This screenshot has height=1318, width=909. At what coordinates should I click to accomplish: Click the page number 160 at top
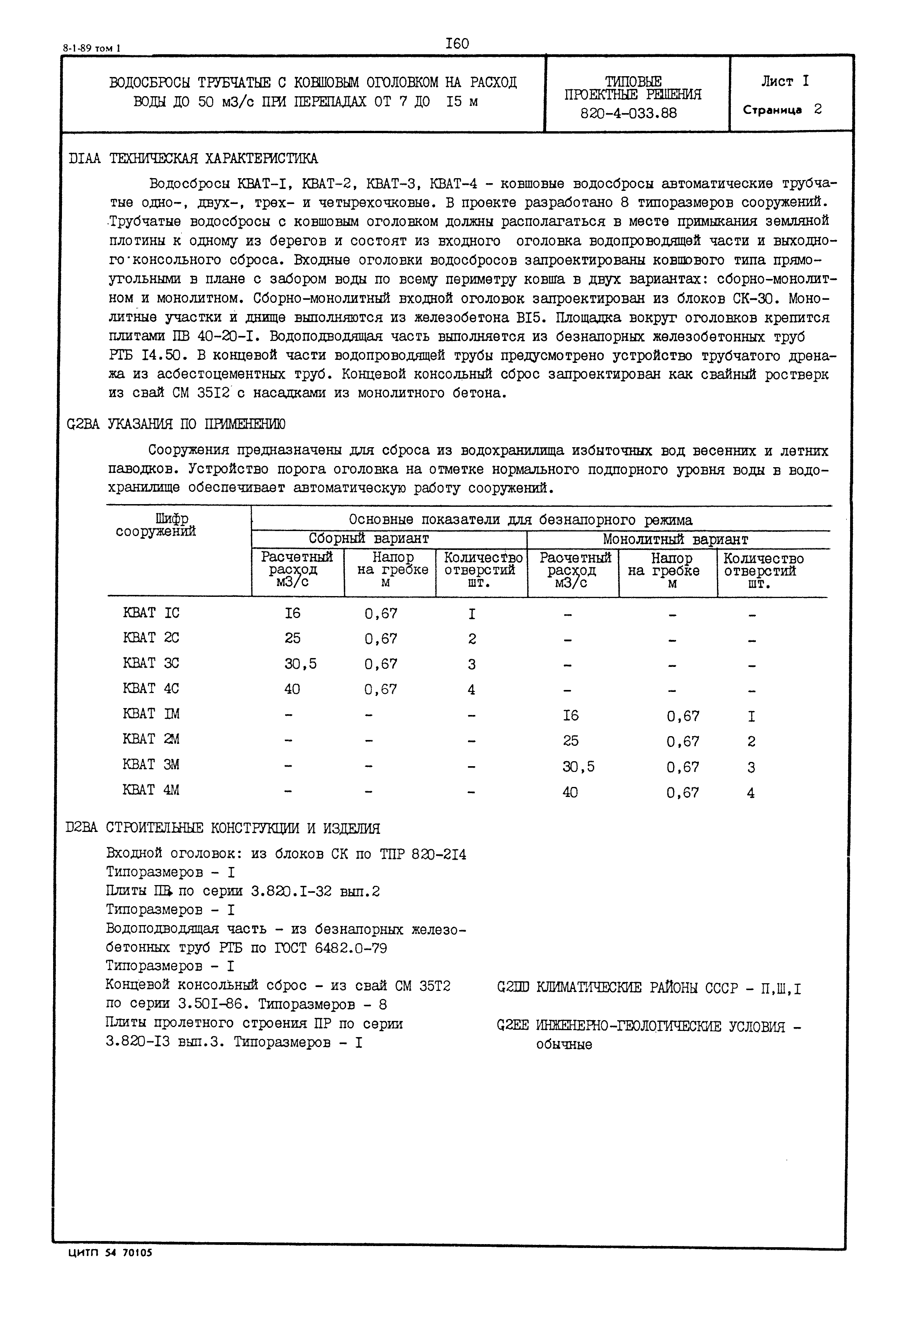tap(457, 43)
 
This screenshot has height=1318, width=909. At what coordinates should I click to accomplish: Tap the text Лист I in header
tap(784, 82)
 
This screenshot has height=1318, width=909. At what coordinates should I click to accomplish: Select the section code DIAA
tap(84, 158)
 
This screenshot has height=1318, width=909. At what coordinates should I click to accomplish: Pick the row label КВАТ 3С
tap(151, 663)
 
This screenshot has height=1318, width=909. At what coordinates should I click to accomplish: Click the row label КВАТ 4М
tap(151, 790)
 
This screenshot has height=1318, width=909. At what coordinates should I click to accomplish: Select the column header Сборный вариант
tap(369, 539)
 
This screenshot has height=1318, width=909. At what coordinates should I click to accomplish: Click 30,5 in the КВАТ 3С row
tap(301, 663)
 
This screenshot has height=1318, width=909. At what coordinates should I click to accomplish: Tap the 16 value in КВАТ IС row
tap(293, 613)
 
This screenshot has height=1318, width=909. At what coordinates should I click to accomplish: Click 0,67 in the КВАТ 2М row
tap(683, 742)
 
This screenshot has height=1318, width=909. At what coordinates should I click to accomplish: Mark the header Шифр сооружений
tap(156, 525)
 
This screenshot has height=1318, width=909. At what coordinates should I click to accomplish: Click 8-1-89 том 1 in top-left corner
tap(92, 49)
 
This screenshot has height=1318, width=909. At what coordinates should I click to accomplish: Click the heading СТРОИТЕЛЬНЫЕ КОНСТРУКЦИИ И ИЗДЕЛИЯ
tap(243, 828)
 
